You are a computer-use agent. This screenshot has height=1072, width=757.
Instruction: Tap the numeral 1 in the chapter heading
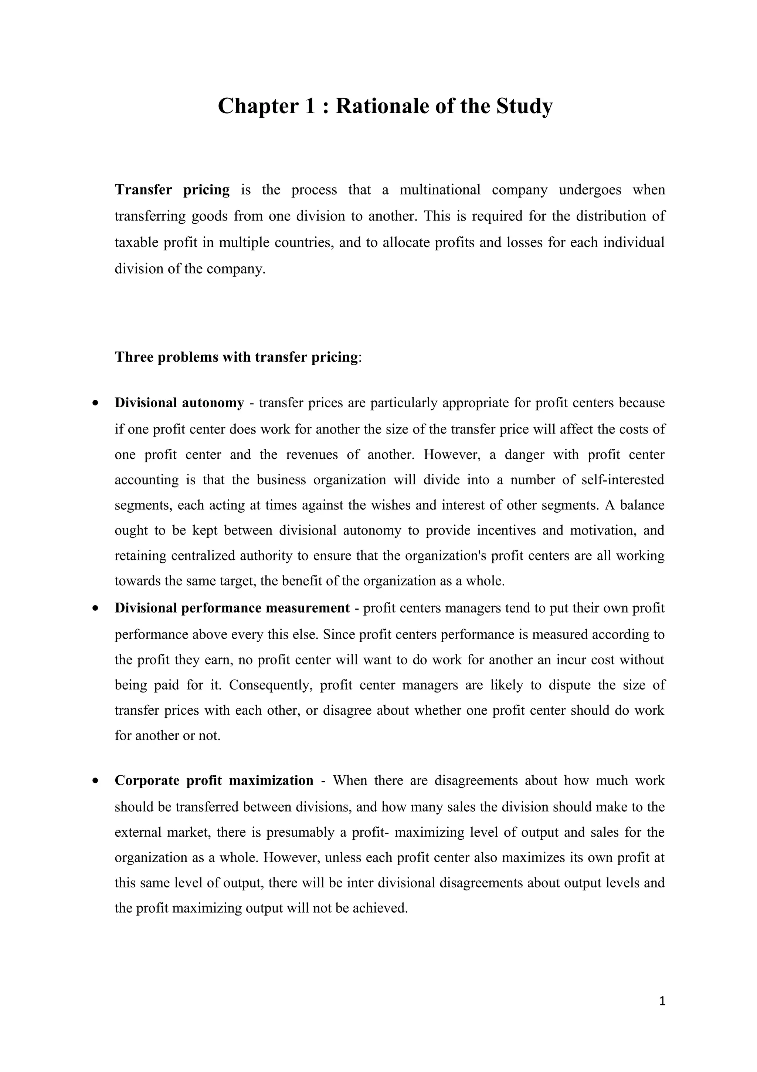tap(310, 106)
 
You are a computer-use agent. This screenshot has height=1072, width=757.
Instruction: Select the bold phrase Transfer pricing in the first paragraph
tap(172, 190)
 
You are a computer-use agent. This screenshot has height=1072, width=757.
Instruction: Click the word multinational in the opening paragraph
tap(440, 190)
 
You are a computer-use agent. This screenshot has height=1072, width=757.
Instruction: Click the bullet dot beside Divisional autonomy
tap(96, 403)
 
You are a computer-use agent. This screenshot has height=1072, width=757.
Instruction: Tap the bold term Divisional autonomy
tap(179, 402)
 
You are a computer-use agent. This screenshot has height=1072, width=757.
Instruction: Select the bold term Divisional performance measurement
tap(232, 608)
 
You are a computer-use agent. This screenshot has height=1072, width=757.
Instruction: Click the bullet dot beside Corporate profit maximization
tap(96, 781)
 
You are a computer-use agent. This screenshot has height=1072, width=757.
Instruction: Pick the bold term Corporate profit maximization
tap(214, 780)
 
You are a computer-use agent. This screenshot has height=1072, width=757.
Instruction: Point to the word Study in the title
tap(524, 106)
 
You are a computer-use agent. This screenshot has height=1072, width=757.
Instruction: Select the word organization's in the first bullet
tap(447, 556)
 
